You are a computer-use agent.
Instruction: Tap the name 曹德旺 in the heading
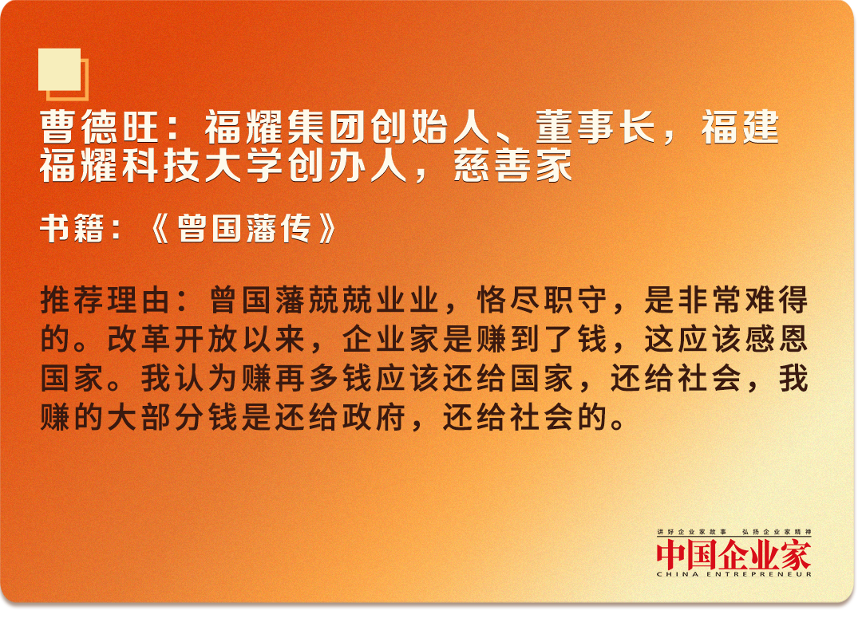(x=100, y=128)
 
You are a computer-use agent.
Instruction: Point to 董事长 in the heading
(x=595, y=128)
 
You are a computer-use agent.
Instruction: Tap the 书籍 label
(x=72, y=228)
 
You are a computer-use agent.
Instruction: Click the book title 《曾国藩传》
(x=243, y=228)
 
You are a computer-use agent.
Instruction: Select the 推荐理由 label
(x=105, y=300)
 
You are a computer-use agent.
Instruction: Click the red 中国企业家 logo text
(x=733, y=554)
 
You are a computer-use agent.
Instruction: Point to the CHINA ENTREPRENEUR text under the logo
(x=734, y=574)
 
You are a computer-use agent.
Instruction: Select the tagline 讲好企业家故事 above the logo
(x=691, y=532)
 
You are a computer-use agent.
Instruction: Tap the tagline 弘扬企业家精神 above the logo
(x=777, y=532)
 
